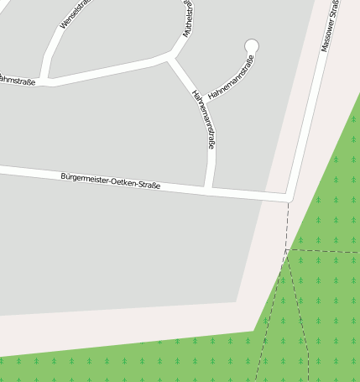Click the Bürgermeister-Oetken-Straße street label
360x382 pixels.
[x=110, y=181]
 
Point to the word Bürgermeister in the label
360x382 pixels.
[x=86, y=179]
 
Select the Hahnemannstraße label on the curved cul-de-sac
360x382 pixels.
[x=231, y=77]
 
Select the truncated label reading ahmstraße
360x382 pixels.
[x=17, y=81]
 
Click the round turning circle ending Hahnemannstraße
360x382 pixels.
[x=251, y=45]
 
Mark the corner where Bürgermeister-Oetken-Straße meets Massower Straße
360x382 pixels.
[x=289, y=198]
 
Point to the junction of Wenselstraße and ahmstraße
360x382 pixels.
[x=48, y=82]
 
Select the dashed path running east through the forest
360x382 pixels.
[x=327, y=251]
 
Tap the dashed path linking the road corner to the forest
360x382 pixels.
[x=288, y=224]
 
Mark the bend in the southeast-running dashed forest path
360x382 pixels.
[x=307, y=348]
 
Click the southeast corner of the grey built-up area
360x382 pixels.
[x=237, y=301]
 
